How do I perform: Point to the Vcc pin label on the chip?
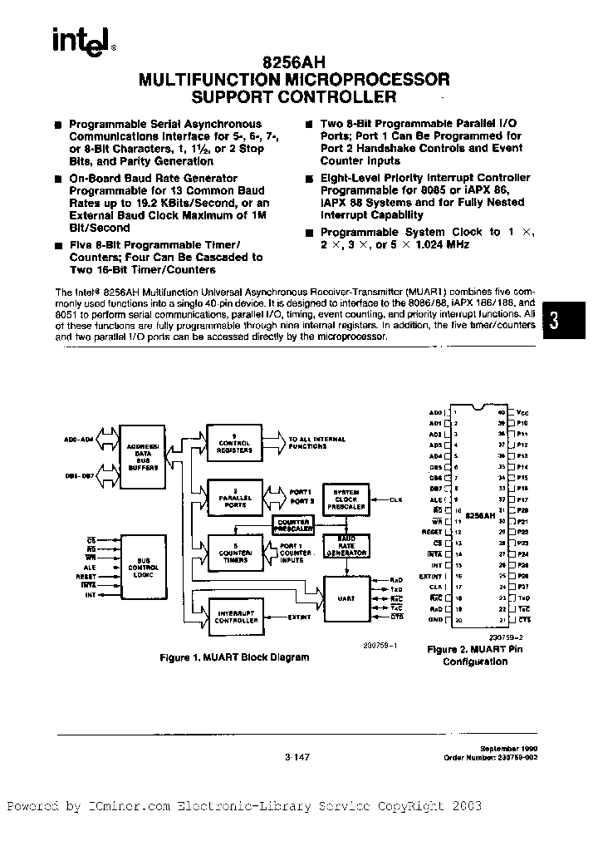coord(522,412)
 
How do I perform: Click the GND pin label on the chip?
coord(435,620)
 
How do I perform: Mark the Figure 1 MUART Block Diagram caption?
coord(234,657)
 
